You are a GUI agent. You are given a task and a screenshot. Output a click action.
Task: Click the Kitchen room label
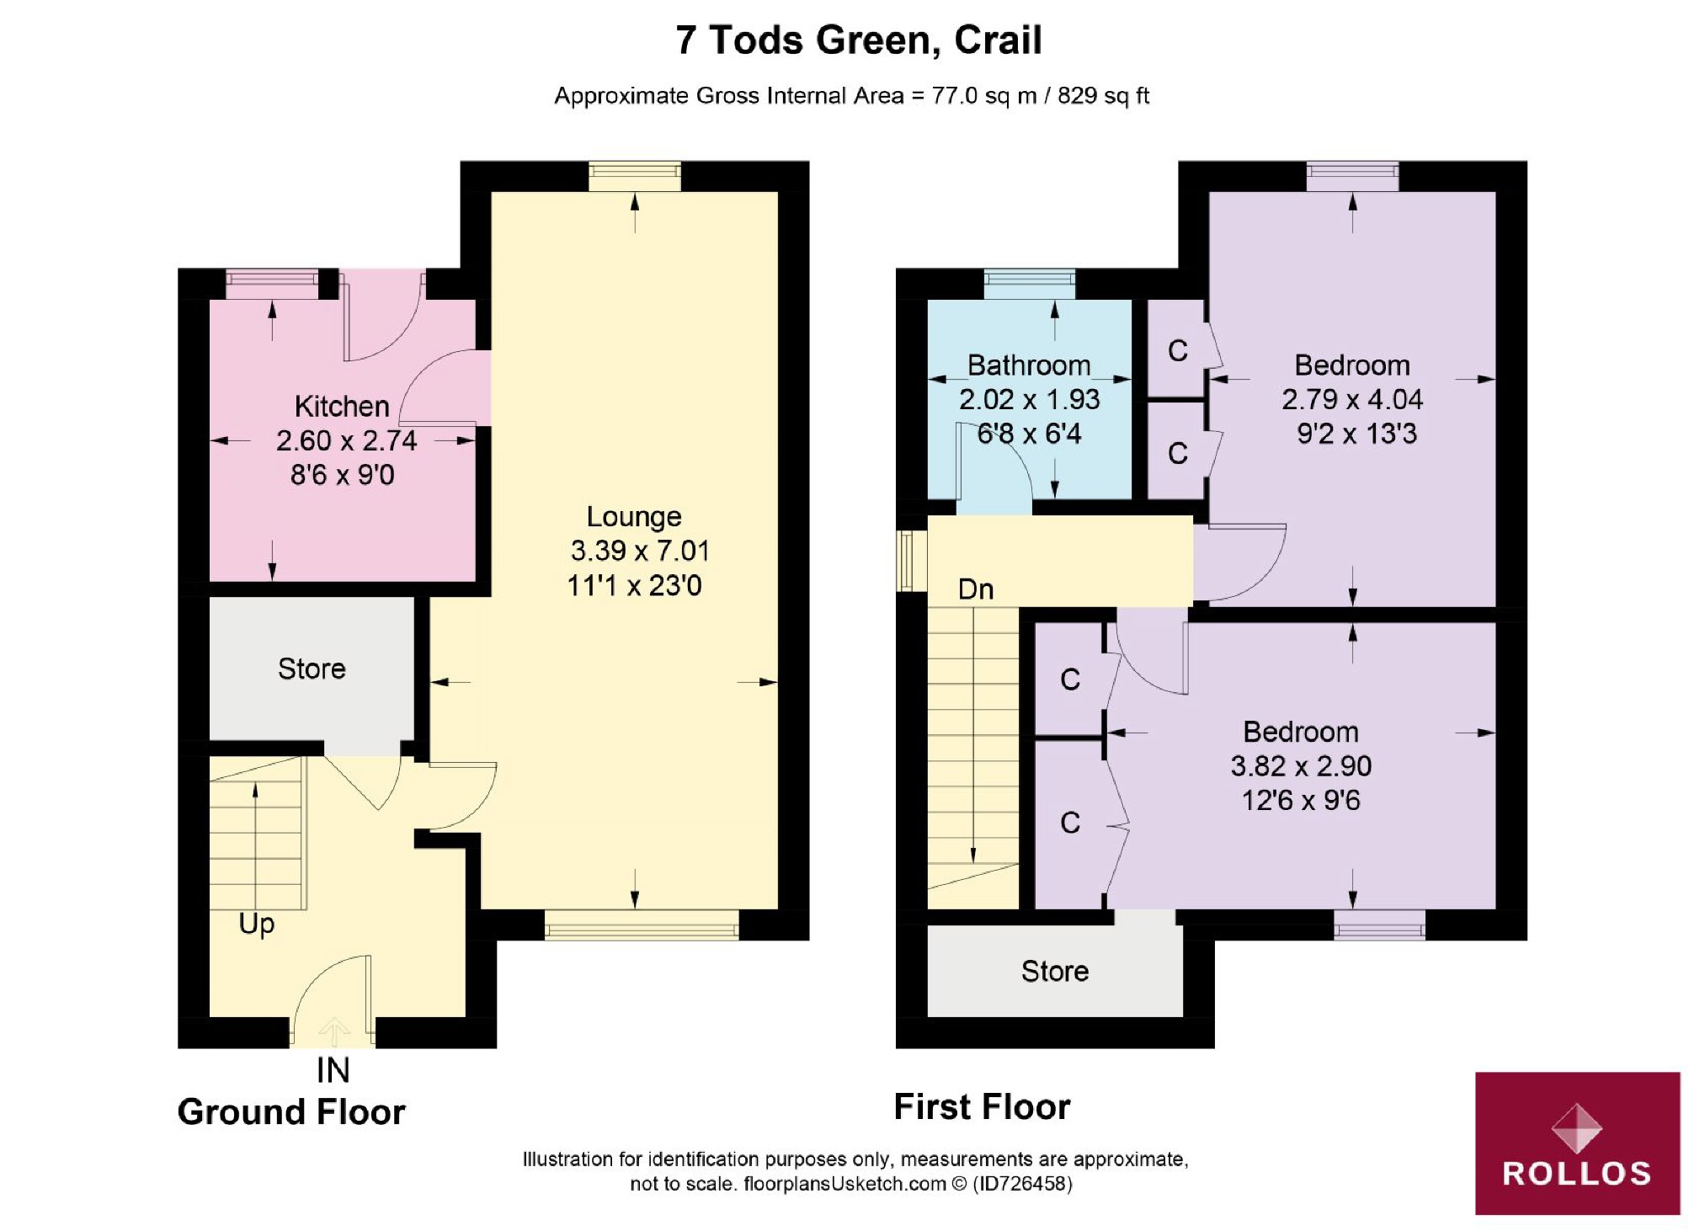[342, 407]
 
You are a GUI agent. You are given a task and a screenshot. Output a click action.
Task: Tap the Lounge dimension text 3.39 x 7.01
[640, 551]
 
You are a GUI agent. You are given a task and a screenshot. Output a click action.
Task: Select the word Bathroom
[1029, 365]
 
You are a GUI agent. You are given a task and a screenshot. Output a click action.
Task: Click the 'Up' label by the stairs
[257, 925]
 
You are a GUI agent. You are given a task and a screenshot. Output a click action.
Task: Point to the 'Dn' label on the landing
[976, 589]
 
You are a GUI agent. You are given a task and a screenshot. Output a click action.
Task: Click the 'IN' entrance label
[333, 1071]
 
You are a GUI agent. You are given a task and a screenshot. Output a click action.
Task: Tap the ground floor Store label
[312, 669]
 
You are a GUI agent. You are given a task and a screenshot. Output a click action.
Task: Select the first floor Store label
[1055, 971]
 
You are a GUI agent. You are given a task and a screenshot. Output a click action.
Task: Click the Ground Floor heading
[291, 1112]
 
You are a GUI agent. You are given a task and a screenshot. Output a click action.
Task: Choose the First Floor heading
[982, 1106]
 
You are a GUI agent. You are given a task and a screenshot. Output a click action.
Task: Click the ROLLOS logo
[1577, 1143]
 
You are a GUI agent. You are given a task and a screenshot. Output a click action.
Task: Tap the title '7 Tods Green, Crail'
[859, 40]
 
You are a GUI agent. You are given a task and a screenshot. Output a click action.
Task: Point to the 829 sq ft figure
[1103, 96]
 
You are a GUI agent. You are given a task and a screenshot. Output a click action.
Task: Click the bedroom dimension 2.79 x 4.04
[1352, 399]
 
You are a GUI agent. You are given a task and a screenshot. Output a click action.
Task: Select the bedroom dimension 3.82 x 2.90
[1301, 766]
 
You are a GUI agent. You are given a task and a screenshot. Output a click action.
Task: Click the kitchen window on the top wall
[272, 284]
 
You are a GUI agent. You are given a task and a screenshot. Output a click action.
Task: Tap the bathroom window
[1030, 284]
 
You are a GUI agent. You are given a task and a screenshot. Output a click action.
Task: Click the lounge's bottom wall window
[642, 925]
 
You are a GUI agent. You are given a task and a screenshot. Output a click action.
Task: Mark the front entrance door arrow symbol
[334, 1031]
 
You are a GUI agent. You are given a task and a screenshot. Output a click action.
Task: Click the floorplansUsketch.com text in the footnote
[845, 1184]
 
